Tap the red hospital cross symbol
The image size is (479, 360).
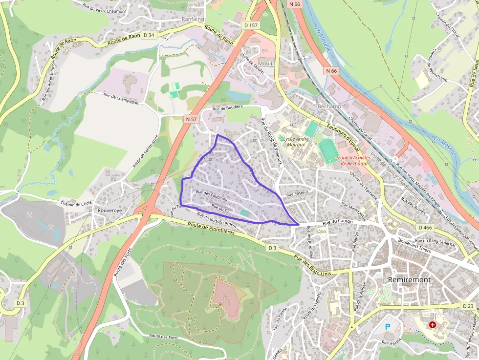(432, 325)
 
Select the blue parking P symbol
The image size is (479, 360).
(388, 326)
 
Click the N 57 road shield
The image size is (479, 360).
(191, 119)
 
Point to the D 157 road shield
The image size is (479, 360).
(250, 25)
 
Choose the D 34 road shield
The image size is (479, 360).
(148, 35)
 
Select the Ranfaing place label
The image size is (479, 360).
(193, 20)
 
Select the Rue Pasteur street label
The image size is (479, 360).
(297, 194)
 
